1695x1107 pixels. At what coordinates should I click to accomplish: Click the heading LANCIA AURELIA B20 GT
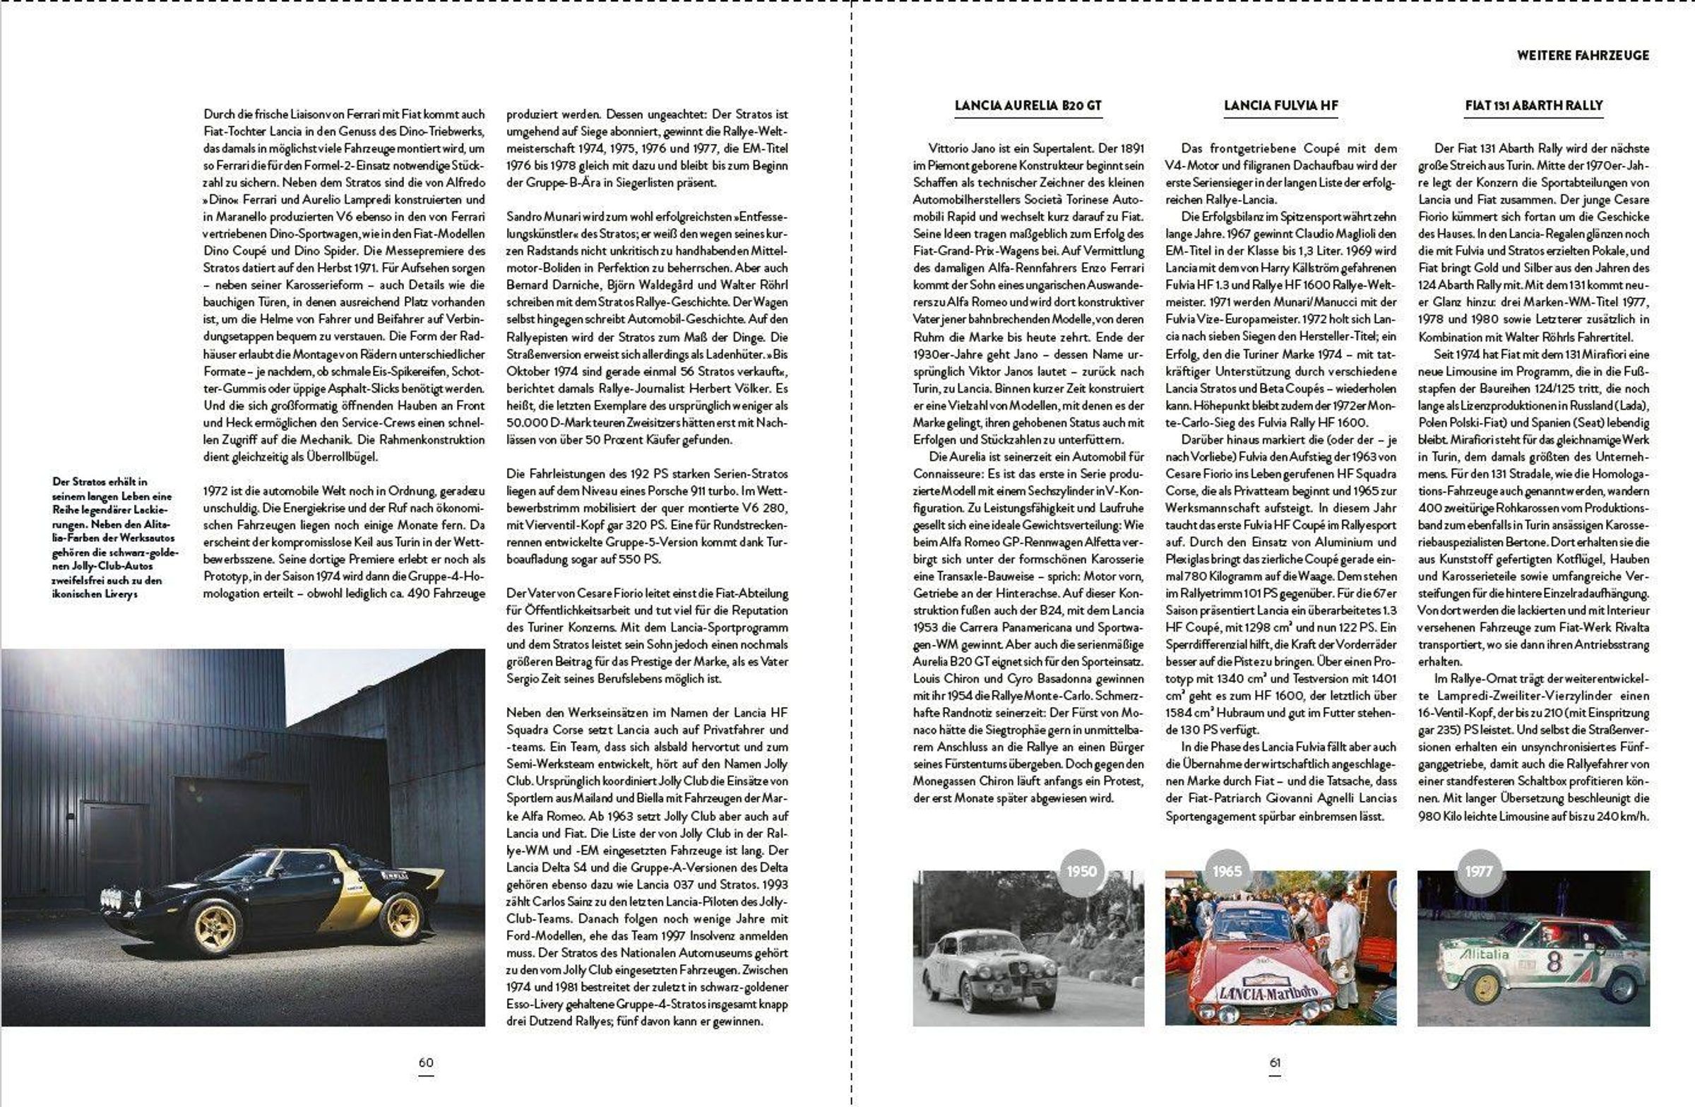1028,105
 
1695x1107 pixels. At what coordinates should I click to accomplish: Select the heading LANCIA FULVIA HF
1280,105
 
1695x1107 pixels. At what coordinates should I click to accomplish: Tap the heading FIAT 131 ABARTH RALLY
1533,105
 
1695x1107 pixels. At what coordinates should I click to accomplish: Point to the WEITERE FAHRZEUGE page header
1583,55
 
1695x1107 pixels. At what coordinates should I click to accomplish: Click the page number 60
425,1062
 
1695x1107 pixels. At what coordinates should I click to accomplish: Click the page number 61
1275,1062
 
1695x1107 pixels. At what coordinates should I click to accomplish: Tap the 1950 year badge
1081,871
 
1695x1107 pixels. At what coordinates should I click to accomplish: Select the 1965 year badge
1226,871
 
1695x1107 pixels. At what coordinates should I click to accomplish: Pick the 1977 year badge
1478,871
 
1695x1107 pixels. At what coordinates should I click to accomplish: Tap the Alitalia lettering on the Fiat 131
1485,954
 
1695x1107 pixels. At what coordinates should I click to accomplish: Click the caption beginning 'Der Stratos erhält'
114,537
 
